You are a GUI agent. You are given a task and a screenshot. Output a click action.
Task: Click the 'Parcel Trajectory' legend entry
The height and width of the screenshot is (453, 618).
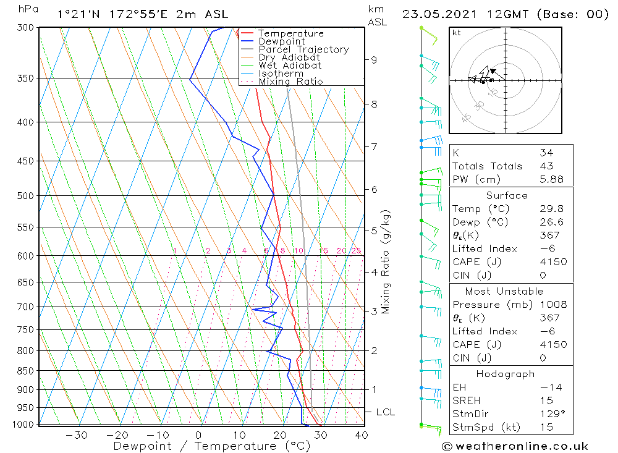click(x=303, y=49)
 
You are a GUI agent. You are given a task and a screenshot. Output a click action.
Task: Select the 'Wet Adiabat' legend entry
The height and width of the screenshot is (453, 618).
click(x=290, y=66)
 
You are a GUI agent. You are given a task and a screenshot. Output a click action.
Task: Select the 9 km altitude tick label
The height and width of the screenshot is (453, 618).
click(x=374, y=60)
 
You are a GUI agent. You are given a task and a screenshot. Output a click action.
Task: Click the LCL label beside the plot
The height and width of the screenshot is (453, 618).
click(x=385, y=412)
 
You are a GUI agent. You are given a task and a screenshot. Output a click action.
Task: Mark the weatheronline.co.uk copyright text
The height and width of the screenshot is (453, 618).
click(x=515, y=446)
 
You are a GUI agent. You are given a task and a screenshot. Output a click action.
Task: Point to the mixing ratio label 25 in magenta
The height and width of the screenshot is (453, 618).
click(x=356, y=251)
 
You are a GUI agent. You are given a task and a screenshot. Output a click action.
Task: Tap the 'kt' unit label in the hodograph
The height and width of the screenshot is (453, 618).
click(x=456, y=33)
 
